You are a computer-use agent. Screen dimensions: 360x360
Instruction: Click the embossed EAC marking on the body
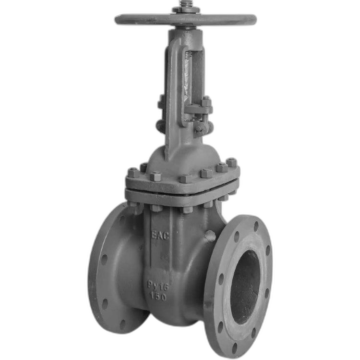click(160, 235)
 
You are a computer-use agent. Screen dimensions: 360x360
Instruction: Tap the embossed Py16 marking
click(158, 286)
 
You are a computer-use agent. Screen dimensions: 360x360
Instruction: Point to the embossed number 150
click(158, 297)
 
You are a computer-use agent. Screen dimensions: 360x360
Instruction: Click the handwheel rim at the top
click(185, 19)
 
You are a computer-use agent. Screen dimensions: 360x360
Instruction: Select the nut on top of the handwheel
click(185, 10)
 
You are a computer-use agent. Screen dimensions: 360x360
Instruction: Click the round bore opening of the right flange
click(245, 287)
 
